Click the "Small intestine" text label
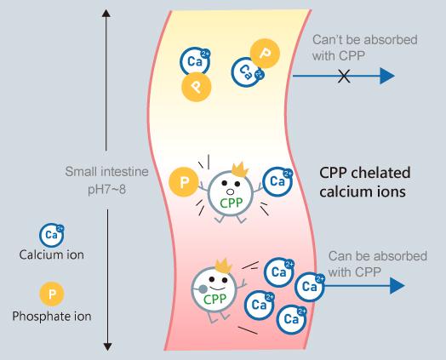pos(107,172)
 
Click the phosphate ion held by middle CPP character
pos(181,181)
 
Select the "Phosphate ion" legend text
pos(52,317)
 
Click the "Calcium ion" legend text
pos(52,254)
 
